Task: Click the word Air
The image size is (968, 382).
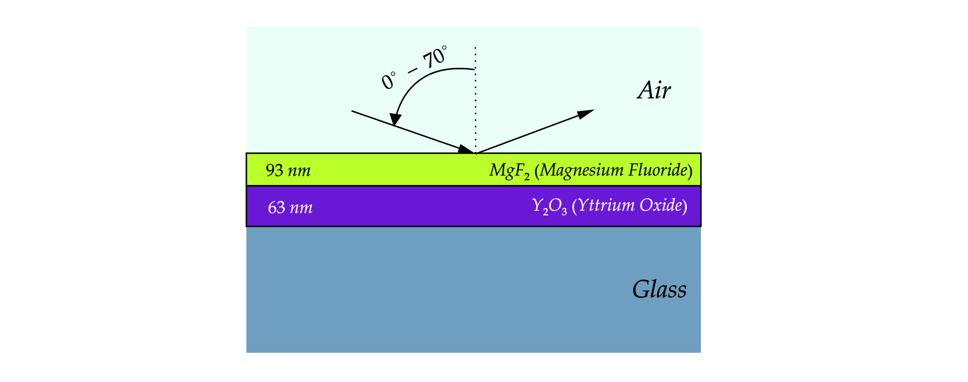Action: (654, 90)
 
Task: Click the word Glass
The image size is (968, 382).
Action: (659, 289)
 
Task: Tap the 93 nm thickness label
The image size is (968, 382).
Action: (288, 170)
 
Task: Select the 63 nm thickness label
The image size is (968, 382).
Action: (290, 207)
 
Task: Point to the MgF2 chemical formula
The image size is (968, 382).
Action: (509, 171)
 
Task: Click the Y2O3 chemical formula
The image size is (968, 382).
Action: (549, 206)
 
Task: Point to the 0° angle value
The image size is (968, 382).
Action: (389, 80)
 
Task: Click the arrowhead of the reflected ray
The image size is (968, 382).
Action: (585, 114)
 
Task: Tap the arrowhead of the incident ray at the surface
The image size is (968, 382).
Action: (466, 149)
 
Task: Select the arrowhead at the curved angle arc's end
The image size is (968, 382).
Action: (395, 119)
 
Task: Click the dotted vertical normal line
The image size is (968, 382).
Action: (475, 100)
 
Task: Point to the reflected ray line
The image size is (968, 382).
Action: (535, 132)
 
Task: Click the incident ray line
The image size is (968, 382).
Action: (414, 132)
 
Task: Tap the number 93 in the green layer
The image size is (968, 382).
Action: (274, 170)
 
